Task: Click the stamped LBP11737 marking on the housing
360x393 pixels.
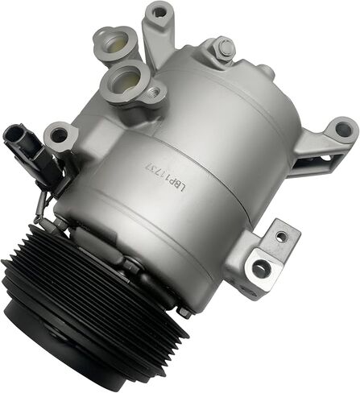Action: click(x=165, y=176)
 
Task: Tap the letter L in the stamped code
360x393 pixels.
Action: click(x=183, y=189)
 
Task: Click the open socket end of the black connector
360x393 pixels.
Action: click(x=13, y=134)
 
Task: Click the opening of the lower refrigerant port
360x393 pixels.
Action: click(x=127, y=78)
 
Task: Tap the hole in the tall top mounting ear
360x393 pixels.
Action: click(x=159, y=11)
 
